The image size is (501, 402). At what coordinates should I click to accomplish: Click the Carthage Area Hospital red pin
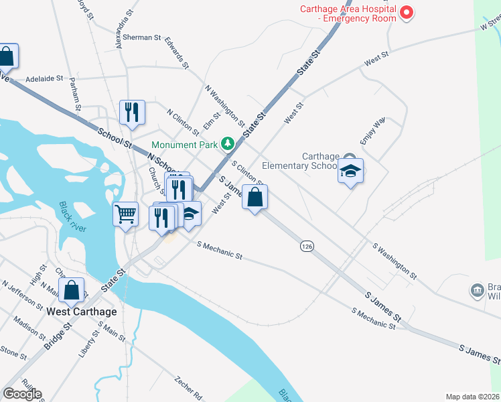(406, 12)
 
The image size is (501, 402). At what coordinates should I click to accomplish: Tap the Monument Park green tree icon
(228, 143)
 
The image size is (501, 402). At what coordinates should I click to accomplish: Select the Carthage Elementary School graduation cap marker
(350, 172)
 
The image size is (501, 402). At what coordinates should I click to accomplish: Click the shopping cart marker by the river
(125, 214)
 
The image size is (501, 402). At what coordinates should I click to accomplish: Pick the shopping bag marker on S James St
(255, 198)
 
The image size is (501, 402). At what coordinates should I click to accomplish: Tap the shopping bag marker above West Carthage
(71, 291)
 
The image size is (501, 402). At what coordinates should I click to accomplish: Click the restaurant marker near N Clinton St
(132, 112)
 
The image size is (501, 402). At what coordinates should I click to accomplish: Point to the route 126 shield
(307, 247)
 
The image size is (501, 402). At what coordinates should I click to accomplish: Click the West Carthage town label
(82, 312)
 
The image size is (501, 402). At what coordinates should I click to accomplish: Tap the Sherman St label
(141, 38)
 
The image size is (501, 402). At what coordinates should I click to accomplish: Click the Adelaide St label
(44, 78)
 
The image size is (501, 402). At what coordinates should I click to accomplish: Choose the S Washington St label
(395, 261)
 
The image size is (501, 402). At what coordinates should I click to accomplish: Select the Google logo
(22, 394)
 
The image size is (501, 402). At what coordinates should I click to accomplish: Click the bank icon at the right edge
(477, 290)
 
